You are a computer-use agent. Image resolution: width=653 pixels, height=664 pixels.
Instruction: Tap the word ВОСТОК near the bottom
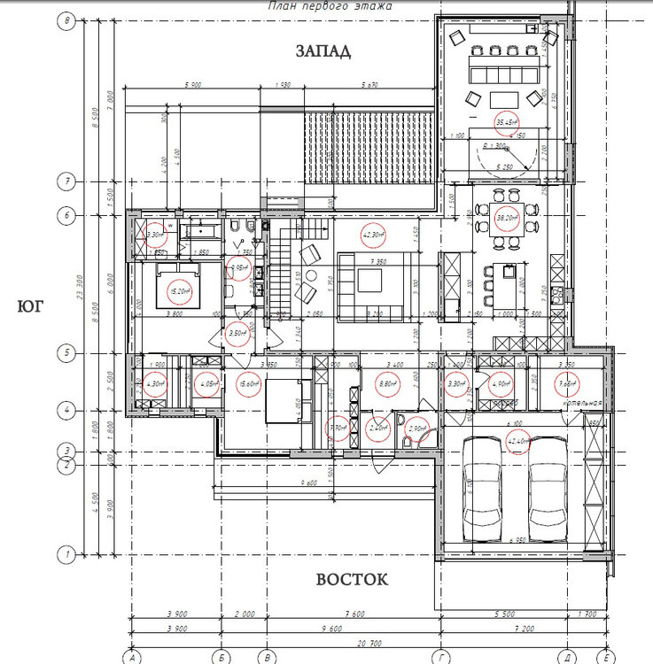coord(352,580)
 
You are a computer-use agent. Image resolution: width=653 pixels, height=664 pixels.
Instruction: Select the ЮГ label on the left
coord(30,307)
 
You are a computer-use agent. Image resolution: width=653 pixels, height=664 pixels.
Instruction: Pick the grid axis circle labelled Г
coord(440,656)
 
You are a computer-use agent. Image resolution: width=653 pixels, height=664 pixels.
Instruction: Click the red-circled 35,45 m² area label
coord(506,122)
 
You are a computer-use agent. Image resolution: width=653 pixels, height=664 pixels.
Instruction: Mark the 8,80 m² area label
coord(386,385)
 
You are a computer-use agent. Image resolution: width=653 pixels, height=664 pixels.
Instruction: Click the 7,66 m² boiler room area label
coord(566,385)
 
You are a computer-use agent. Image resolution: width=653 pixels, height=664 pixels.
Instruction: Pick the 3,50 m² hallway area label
coord(236,334)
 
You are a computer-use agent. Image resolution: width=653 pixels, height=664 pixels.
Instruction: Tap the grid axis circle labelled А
coord(131,656)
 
